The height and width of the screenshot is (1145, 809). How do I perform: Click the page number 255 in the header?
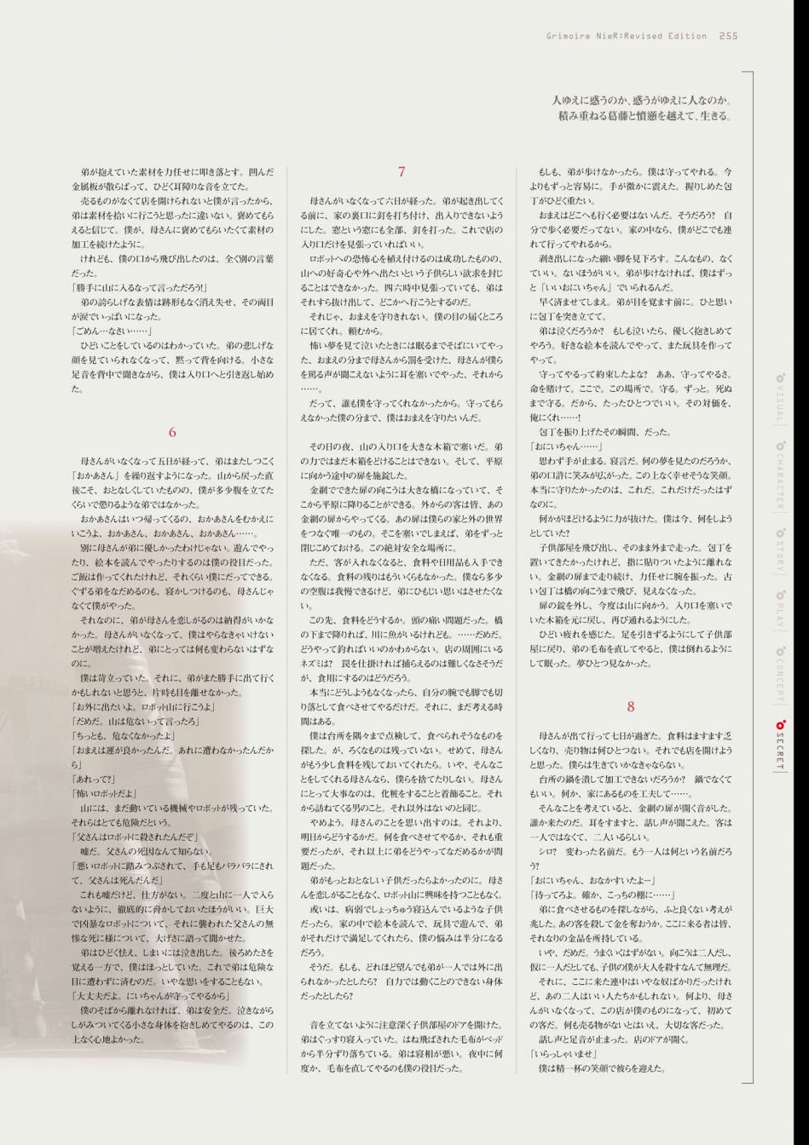(x=728, y=36)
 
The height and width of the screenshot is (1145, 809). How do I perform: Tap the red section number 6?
(x=172, y=433)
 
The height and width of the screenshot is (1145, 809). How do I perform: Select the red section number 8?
(x=631, y=706)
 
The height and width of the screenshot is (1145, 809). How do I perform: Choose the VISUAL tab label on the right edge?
(x=779, y=400)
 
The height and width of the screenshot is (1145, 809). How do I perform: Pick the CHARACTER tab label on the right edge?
(x=779, y=478)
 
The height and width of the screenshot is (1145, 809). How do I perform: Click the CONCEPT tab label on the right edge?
(x=779, y=676)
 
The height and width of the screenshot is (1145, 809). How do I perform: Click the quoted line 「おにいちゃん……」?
(x=567, y=446)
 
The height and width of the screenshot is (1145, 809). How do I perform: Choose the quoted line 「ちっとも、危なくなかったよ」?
(x=123, y=735)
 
